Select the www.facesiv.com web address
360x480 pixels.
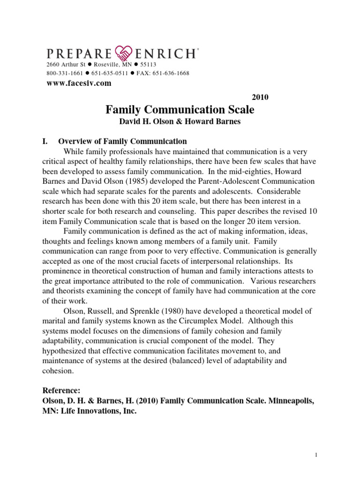click(x=79, y=83)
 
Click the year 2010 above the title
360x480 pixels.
click(x=260, y=97)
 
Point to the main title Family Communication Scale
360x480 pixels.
click(x=180, y=110)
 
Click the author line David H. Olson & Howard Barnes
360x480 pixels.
click(x=180, y=123)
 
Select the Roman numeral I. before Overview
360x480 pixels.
click(x=46, y=141)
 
